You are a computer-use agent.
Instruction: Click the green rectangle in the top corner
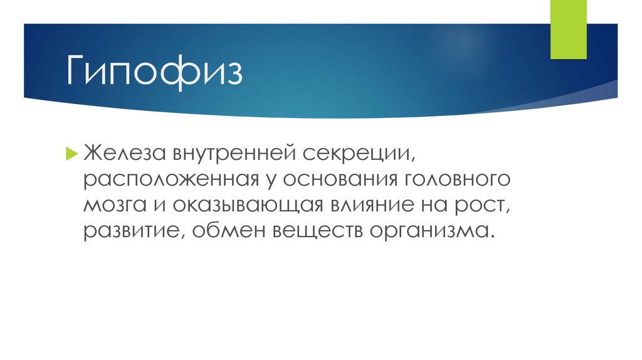pyautogui.click(x=568, y=29)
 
